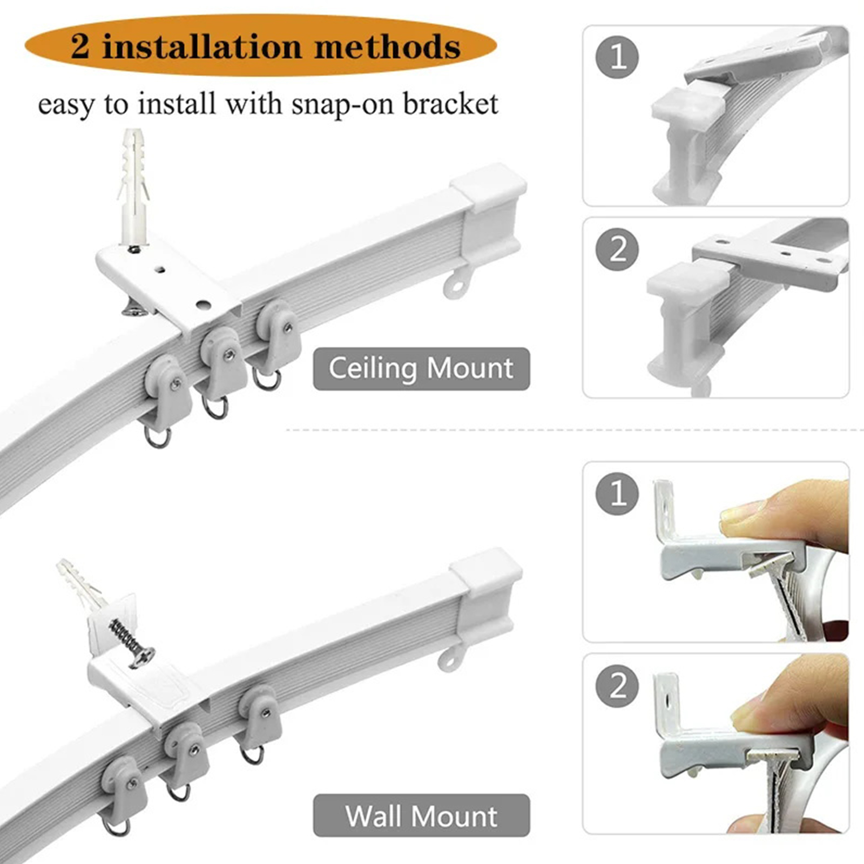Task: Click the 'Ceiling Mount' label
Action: [421, 369]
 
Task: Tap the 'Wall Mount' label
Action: [421, 815]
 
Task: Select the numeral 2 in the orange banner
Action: [80, 46]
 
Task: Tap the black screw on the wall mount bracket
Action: [132, 643]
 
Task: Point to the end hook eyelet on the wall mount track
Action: [451, 657]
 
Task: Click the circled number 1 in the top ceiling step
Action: [617, 57]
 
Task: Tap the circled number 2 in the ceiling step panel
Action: [617, 249]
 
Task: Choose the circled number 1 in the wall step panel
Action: [617, 493]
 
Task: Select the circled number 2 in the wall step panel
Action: [617, 685]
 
